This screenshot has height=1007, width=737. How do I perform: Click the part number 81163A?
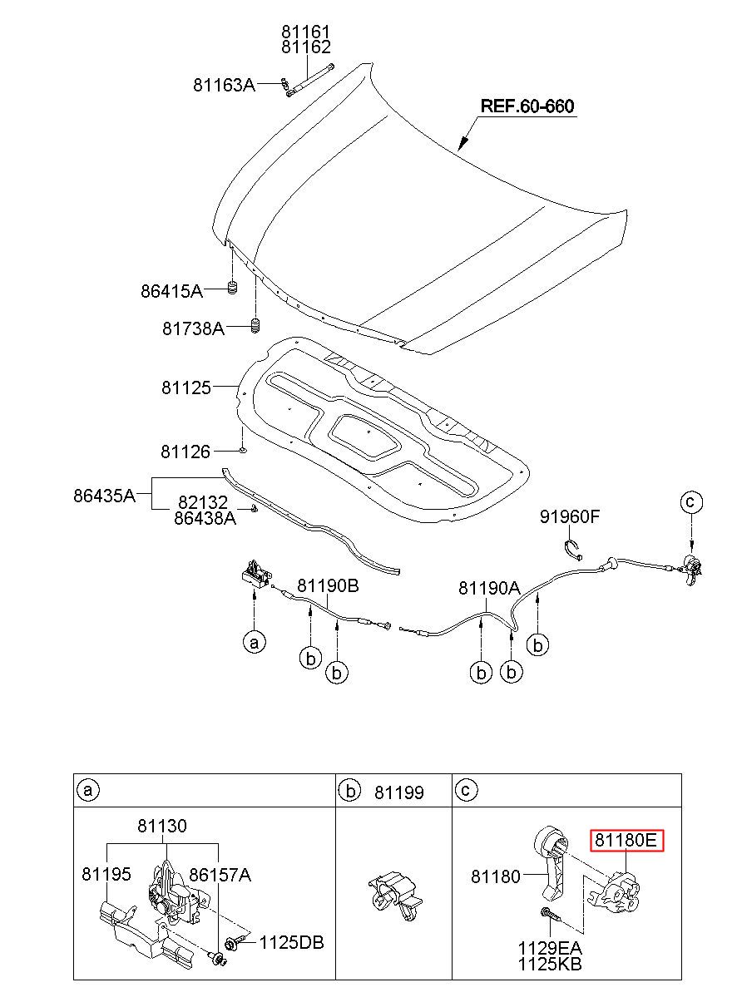coord(224,85)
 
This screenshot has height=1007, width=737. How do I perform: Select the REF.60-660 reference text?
coord(527,106)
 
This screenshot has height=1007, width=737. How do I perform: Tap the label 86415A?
coord(171,291)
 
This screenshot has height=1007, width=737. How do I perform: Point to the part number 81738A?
coord(193,328)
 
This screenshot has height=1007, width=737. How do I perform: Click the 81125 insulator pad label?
coord(186,387)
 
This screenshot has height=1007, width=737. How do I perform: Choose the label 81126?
coord(185,452)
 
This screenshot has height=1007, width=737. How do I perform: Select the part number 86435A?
coord(104,496)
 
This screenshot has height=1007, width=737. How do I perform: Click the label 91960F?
coord(570,517)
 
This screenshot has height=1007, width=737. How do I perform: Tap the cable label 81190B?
coord(328,585)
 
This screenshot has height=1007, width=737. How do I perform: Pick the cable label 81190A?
coord(489,588)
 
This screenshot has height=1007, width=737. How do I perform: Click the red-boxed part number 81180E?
coord(626,840)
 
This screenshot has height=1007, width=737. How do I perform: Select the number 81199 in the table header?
coord(398,792)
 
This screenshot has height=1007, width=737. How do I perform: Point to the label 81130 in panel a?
coord(162,826)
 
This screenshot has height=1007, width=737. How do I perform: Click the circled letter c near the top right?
coord(691,501)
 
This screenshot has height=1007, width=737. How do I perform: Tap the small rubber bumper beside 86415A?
coord(232,288)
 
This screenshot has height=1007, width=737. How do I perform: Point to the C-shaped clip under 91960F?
coord(572,550)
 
